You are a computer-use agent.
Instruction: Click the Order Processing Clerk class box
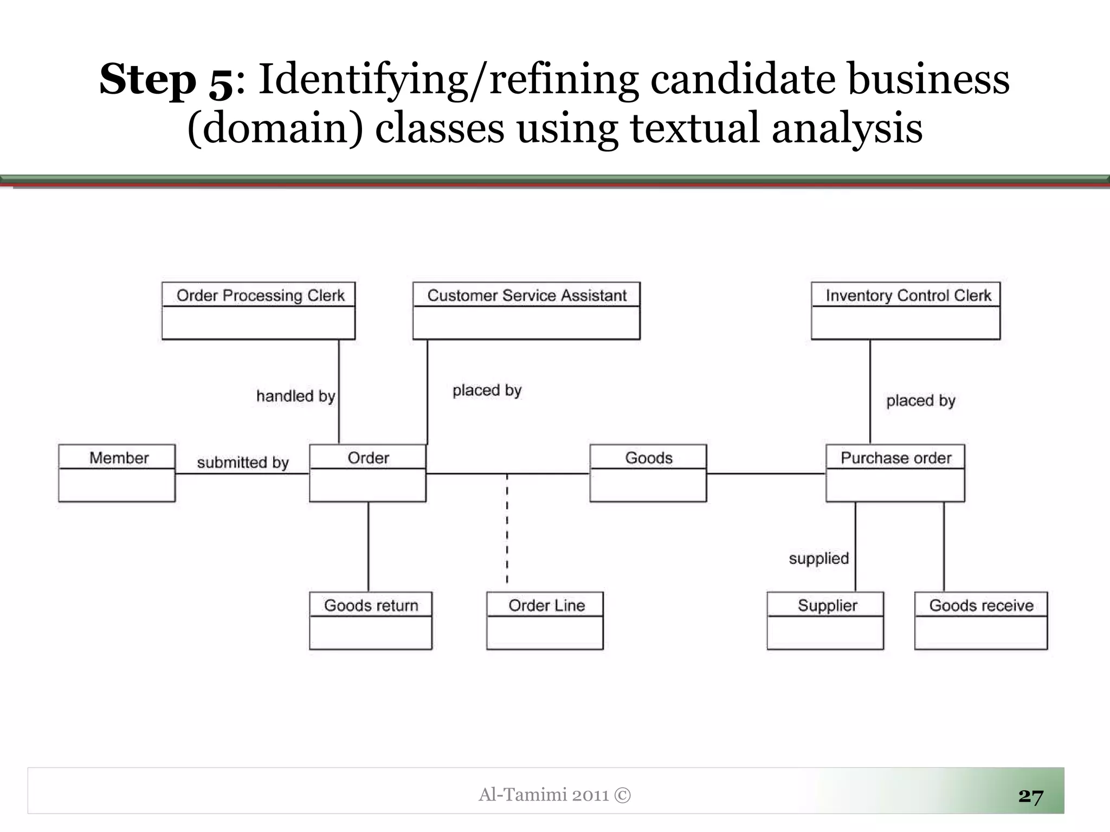pyautogui.click(x=259, y=311)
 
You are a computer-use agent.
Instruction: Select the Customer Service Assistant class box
pyautogui.click(x=526, y=311)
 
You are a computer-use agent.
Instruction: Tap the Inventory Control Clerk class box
pyautogui.click(x=906, y=311)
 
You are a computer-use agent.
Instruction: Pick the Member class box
pyautogui.click(x=117, y=473)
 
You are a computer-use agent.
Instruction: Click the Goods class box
pyautogui.click(x=648, y=473)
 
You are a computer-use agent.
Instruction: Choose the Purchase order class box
pyautogui.click(x=895, y=473)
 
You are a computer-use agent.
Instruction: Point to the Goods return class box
pyautogui.click(x=371, y=621)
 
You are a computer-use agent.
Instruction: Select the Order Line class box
pyautogui.click(x=545, y=621)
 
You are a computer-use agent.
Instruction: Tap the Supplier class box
pyautogui.click(x=825, y=621)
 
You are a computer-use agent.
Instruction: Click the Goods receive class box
pyautogui.click(x=981, y=621)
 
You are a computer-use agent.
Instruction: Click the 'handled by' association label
pyautogui.click(x=295, y=396)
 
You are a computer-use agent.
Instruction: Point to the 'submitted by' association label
pyautogui.click(x=243, y=463)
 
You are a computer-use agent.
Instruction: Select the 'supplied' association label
pyautogui.click(x=818, y=558)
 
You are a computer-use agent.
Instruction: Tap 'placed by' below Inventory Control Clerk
pyautogui.click(x=921, y=401)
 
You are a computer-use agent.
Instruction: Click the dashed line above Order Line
pyautogui.click(x=507, y=528)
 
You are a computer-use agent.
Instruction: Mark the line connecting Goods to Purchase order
pyautogui.click(x=766, y=473)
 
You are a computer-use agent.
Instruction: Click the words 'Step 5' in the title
pyautogui.click(x=167, y=80)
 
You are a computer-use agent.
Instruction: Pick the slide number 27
pyautogui.click(x=1030, y=796)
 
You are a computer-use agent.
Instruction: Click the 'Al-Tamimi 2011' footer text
pyautogui.click(x=544, y=795)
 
